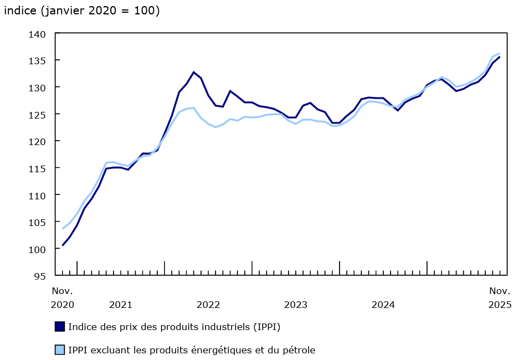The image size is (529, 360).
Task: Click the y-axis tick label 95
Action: tap(40, 275)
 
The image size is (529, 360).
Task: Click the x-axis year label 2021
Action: tap(121, 305)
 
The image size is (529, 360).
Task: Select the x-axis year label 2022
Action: tap(208, 305)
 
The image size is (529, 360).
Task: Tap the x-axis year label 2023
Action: tap(296, 305)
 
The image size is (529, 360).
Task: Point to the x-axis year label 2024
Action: tap(383, 305)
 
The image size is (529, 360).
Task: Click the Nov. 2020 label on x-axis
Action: tap(62, 297)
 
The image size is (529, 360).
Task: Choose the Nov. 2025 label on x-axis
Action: tap(500, 297)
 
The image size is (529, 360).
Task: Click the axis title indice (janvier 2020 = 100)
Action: tap(82, 11)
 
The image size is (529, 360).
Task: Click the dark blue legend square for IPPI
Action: tap(60, 326)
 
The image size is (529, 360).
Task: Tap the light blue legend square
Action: tap(60, 349)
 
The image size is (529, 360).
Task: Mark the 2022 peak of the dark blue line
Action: tap(194, 72)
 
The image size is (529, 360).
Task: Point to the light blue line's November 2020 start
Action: tap(63, 229)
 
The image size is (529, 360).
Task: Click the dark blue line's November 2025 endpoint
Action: tap(500, 56)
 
